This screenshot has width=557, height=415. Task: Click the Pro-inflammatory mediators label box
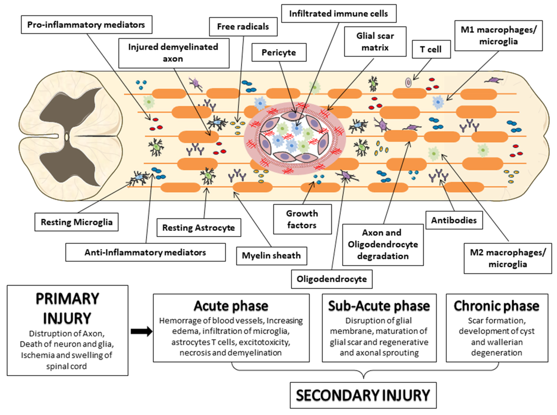point(87,25)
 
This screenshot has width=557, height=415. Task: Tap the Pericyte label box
point(279,52)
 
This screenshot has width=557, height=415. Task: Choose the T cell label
point(431,49)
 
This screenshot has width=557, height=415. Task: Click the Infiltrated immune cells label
point(339,14)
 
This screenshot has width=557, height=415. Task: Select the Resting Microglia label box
point(77,222)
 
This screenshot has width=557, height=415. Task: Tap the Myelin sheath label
point(271,256)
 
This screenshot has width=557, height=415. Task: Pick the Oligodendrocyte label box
point(332,279)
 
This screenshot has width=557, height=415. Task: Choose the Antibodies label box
point(454,220)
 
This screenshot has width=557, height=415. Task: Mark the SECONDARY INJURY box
point(363,395)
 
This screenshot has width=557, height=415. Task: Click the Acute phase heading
point(231,306)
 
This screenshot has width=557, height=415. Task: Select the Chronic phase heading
point(497,306)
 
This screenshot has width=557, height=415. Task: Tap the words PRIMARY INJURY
point(67,308)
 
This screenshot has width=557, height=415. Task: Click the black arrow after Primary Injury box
point(141,331)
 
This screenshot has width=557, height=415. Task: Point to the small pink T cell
point(409,82)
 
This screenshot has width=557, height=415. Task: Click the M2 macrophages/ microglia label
point(508,258)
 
